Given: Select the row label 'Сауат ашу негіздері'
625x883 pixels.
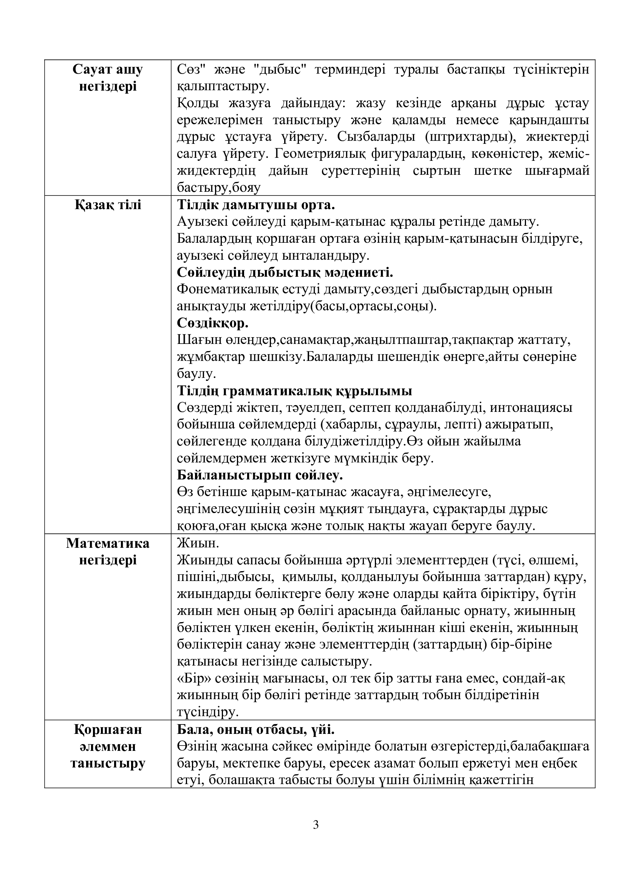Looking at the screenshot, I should (x=108, y=78).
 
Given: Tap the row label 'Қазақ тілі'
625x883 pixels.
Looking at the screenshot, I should (x=108, y=205).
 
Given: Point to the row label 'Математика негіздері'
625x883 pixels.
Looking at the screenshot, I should (x=108, y=552).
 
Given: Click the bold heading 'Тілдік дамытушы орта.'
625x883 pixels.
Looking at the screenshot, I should (x=256, y=205).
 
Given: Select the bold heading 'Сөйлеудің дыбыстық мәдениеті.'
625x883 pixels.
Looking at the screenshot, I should (x=285, y=273).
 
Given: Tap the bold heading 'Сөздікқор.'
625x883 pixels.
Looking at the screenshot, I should (x=212, y=324).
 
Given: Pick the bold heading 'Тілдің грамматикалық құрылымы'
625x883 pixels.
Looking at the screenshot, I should (x=294, y=391).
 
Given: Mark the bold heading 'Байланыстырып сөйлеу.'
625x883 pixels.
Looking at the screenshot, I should (x=260, y=476).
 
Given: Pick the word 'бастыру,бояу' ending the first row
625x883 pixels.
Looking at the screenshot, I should (x=218, y=188).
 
